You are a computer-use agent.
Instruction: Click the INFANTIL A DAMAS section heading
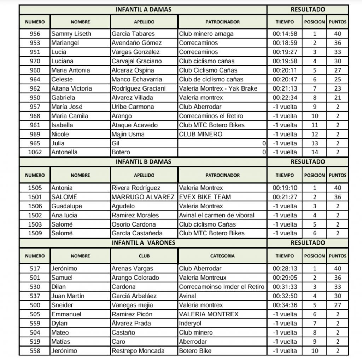tap(143, 10)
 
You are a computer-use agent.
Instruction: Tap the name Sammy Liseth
tap(71, 34)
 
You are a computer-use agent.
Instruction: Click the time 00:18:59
tap(285, 43)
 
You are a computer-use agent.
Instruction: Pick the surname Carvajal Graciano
tap(136, 61)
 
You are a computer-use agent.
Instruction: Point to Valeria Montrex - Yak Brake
tap(218, 88)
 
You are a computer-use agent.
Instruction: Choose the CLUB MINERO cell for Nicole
tap(200, 134)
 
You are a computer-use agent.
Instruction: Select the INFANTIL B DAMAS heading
tap(143, 161)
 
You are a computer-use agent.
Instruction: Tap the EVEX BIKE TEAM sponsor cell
tap(205, 197)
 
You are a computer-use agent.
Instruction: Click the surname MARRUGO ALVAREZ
tap(143, 197)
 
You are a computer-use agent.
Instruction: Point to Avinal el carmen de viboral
tap(216, 215)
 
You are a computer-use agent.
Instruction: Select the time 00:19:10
tap(285, 188)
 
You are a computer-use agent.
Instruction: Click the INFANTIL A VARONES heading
tap(143, 243)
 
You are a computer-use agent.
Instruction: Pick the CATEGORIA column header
tap(222, 256)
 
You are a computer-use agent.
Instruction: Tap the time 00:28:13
tap(285, 268)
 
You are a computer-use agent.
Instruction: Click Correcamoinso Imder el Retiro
tap(222, 287)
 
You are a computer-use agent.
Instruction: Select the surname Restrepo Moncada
tap(138, 351)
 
